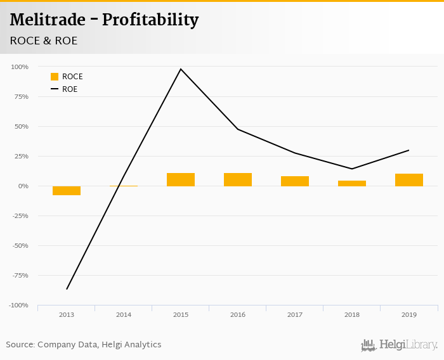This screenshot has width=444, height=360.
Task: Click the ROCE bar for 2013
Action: (67, 190)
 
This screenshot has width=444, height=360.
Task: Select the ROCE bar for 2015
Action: (181, 179)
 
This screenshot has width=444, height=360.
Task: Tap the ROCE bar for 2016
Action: (238, 179)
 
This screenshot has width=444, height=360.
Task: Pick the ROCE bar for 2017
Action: (295, 181)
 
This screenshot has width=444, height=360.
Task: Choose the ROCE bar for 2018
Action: (352, 183)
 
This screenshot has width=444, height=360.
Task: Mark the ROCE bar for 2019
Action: (409, 180)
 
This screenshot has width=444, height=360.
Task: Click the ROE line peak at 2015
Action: (181, 69)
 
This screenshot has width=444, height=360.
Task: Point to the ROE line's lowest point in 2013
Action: (67, 289)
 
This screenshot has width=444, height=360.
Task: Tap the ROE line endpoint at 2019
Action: (408, 150)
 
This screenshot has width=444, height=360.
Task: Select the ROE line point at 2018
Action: (352, 169)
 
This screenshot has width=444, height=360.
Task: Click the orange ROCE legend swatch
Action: (55, 77)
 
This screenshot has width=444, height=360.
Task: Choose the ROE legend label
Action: (70, 89)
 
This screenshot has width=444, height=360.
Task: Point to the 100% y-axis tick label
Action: (20, 67)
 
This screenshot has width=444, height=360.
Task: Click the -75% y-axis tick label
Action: (20, 275)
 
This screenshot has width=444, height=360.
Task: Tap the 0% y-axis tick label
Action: (23, 186)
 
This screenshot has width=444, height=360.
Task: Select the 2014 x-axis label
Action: (124, 314)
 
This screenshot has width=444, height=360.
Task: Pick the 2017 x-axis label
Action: (295, 314)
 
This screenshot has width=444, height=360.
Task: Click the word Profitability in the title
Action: (150, 20)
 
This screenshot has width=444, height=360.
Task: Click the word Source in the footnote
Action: (20, 345)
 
